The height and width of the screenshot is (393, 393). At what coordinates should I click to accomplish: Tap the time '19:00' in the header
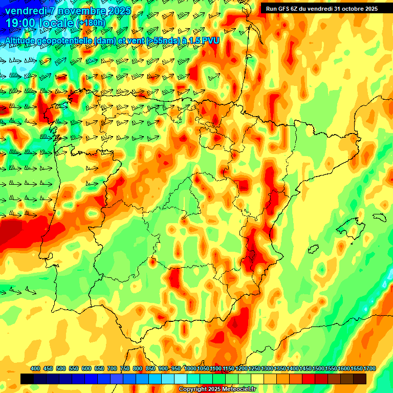pyautogui.click(x=21, y=23)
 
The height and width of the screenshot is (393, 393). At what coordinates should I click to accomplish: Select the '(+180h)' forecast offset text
pyautogui.click(x=91, y=23)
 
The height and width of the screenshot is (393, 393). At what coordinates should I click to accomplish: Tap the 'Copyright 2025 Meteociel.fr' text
pyautogui.click(x=217, y=389)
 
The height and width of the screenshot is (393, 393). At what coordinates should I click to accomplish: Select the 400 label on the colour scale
pyautogui.click(x=35, y=368)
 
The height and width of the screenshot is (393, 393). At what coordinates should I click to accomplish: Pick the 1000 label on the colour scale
pyautogui.click(x=190, y=368)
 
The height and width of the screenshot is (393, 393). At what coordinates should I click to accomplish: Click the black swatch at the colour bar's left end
pyautogui.click(x=27, y=379)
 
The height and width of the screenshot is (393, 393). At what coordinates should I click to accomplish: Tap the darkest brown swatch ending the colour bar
pyautogui.click(x=360, y=379)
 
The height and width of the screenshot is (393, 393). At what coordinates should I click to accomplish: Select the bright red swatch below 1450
pyautogui.click(x=309, y=379)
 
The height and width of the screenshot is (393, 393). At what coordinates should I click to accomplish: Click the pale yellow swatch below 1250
pyautogui.click(x=257, y=379)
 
